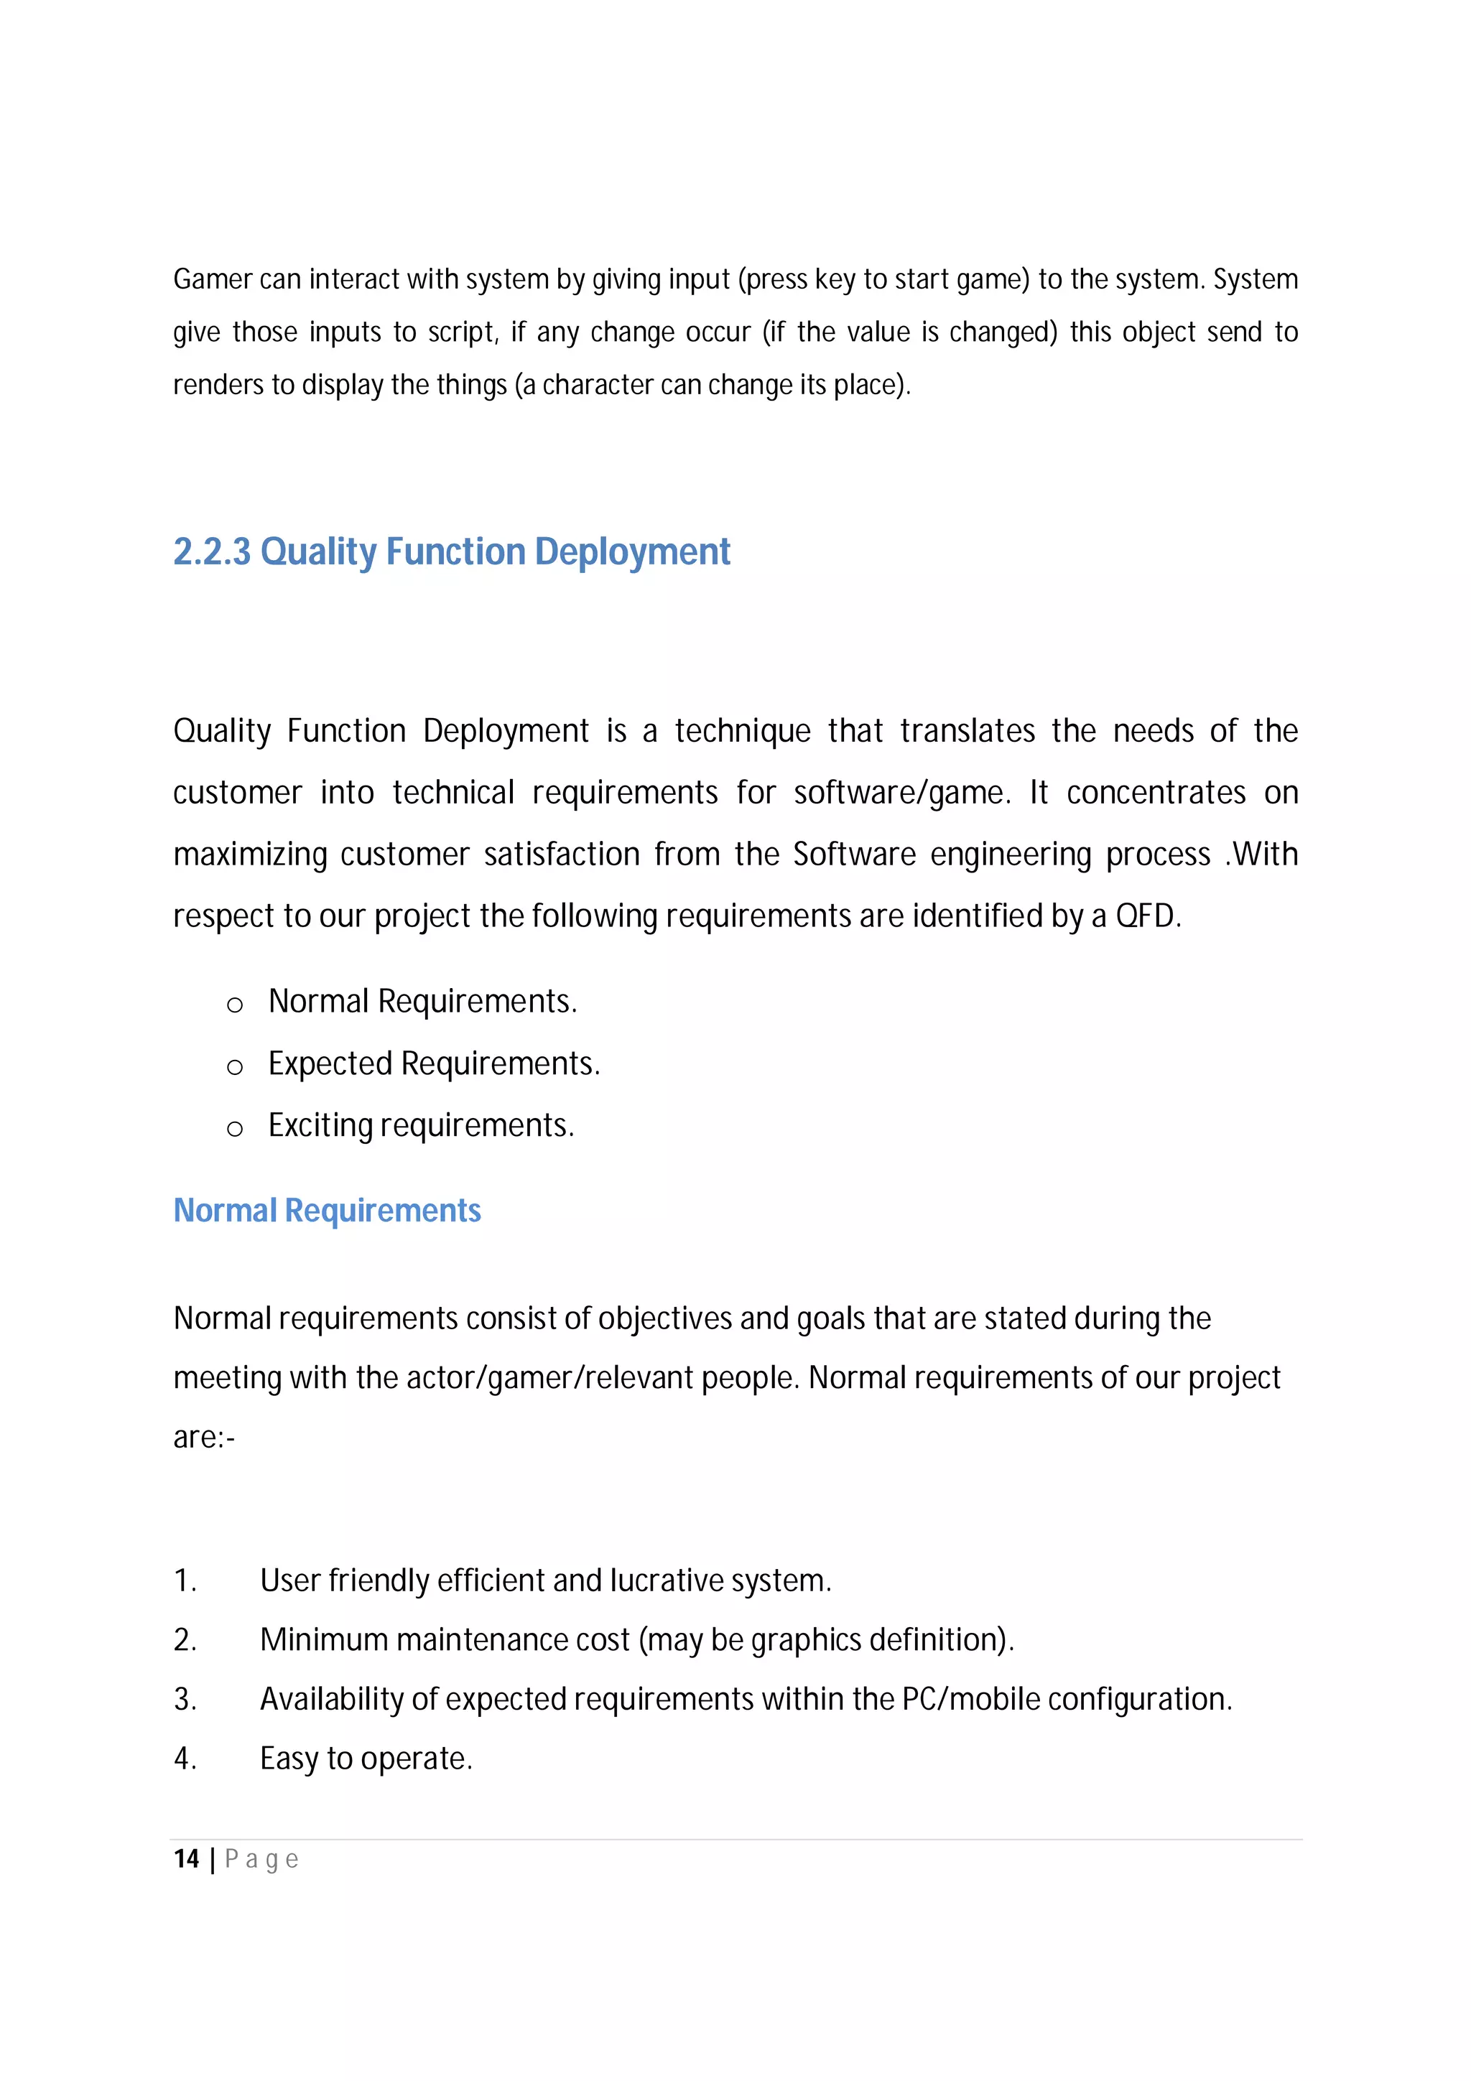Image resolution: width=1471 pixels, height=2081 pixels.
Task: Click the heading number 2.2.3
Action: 211,552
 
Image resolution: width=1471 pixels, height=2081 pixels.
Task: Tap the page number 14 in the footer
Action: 186,1859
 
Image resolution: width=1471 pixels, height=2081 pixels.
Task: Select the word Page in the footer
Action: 261,1860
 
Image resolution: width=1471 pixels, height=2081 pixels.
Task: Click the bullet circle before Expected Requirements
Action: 235,1068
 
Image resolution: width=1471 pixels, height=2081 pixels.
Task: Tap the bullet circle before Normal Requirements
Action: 235,1005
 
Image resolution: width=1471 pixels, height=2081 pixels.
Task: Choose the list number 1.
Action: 184,1580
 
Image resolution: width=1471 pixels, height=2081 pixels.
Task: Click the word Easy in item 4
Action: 289,1759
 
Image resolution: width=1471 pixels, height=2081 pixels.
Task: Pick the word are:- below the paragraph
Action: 204,1438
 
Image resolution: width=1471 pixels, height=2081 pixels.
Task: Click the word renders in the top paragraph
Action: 218,385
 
